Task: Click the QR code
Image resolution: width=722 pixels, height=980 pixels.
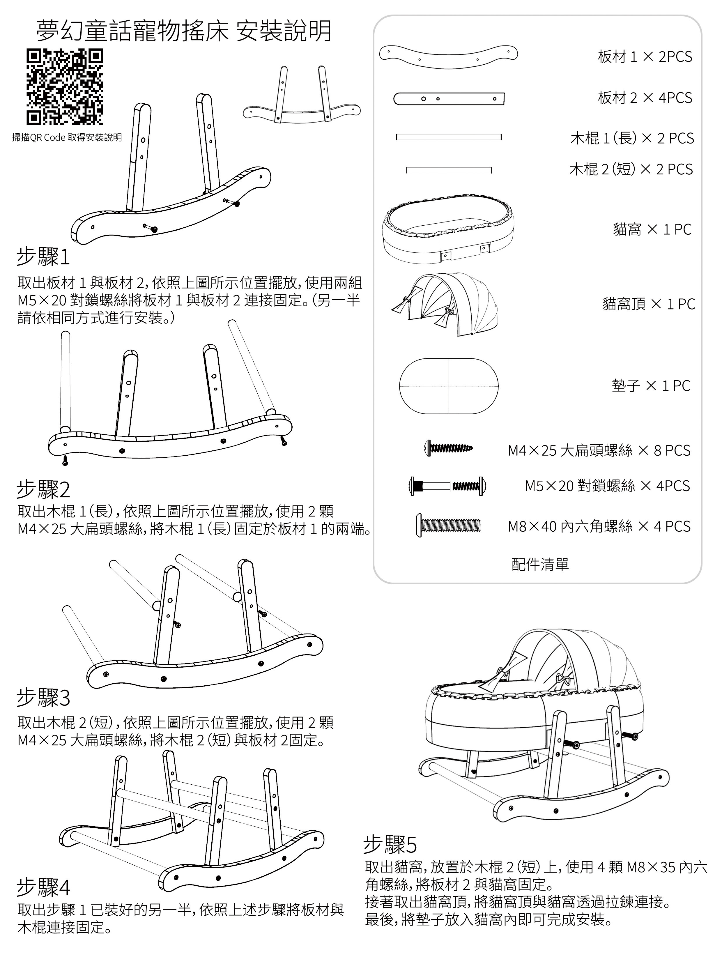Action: [x=65, y=87]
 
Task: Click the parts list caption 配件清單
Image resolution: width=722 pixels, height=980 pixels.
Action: [x=540, y=564]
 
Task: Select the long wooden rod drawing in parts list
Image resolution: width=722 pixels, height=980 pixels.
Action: [x=449, y=137]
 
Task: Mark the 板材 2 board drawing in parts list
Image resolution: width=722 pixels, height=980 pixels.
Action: [x=449, y=99]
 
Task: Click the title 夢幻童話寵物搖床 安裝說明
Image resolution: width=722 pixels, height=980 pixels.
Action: [x=184, y=31]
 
